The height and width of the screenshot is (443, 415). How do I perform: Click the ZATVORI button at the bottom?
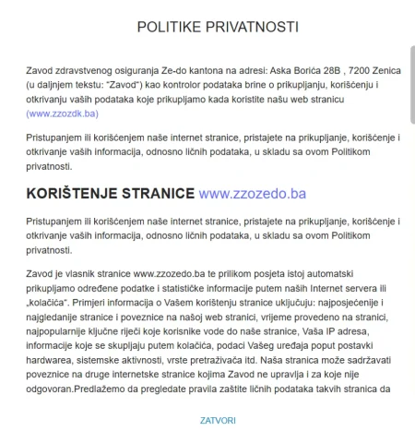pos(218,421)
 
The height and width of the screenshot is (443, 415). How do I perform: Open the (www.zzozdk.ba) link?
pos(63,114)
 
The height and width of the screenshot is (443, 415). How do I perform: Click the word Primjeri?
pos(101,303)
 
